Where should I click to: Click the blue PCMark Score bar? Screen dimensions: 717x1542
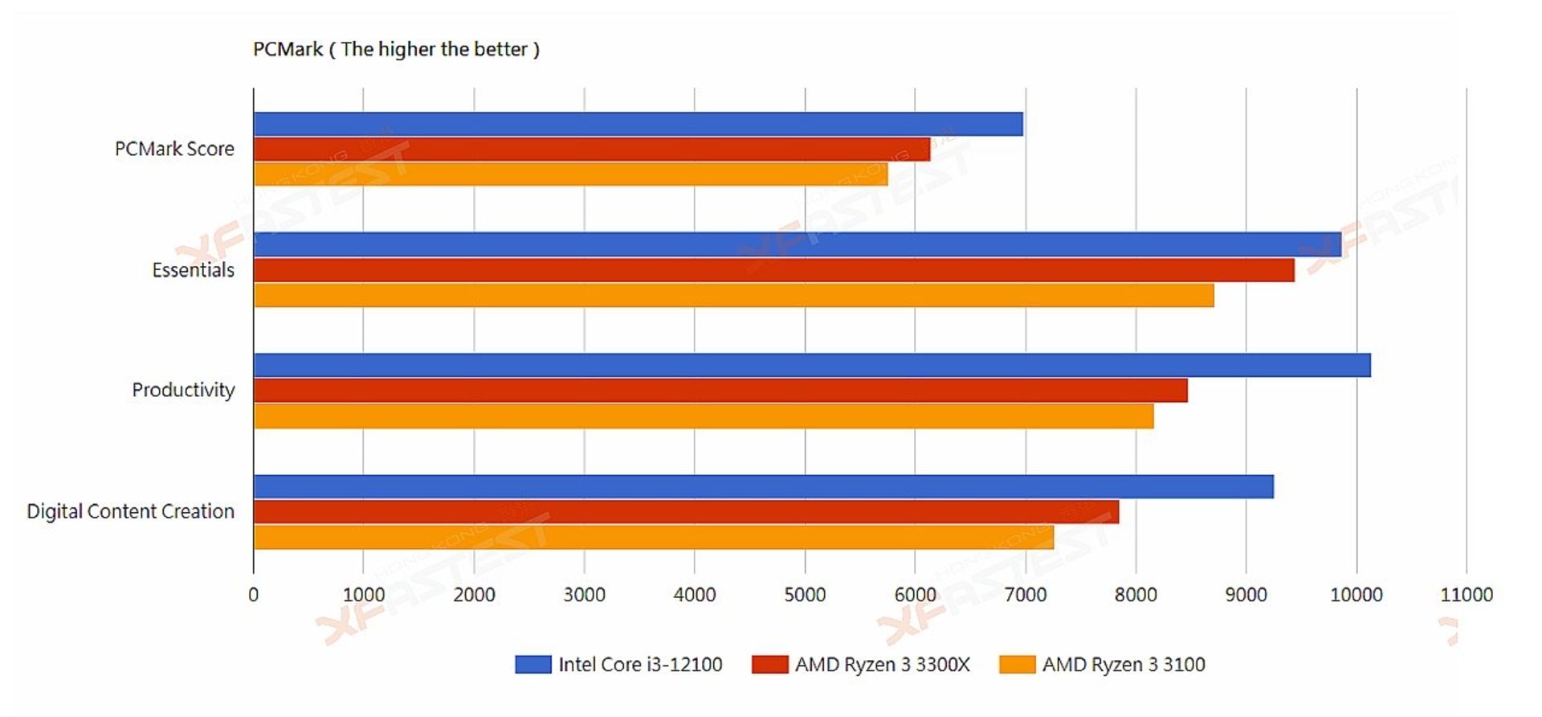point(638,124)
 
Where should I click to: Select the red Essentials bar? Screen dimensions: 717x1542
point(773,270)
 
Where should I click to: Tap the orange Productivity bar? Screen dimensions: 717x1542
point(704,416)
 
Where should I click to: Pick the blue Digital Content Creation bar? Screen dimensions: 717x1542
point(763,486)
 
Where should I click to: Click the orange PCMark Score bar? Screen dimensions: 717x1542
point(570,174)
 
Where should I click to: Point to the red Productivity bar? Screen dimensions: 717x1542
point(720,391)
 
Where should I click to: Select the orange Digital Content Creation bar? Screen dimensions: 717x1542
point(654,537)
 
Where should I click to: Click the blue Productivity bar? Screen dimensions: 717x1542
point(811,365)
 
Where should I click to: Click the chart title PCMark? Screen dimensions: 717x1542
point(396,49)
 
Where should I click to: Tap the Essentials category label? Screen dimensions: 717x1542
point(193,270)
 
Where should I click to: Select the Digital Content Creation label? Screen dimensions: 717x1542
point(130,511)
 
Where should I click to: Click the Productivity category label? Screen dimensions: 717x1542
point(183,390)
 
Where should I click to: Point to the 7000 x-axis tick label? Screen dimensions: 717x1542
point(1026,595)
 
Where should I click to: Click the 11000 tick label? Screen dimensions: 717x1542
point(1466,595)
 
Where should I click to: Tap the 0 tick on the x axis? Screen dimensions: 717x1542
point(254,595)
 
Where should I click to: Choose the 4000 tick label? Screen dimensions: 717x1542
point(695,595)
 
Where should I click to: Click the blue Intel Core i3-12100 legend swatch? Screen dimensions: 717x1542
point(532,664)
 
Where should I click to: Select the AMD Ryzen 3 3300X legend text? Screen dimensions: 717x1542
point(882,664)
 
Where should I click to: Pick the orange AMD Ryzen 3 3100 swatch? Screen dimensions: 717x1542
point(1017,664)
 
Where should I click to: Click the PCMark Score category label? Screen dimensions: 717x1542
point(174,149)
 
